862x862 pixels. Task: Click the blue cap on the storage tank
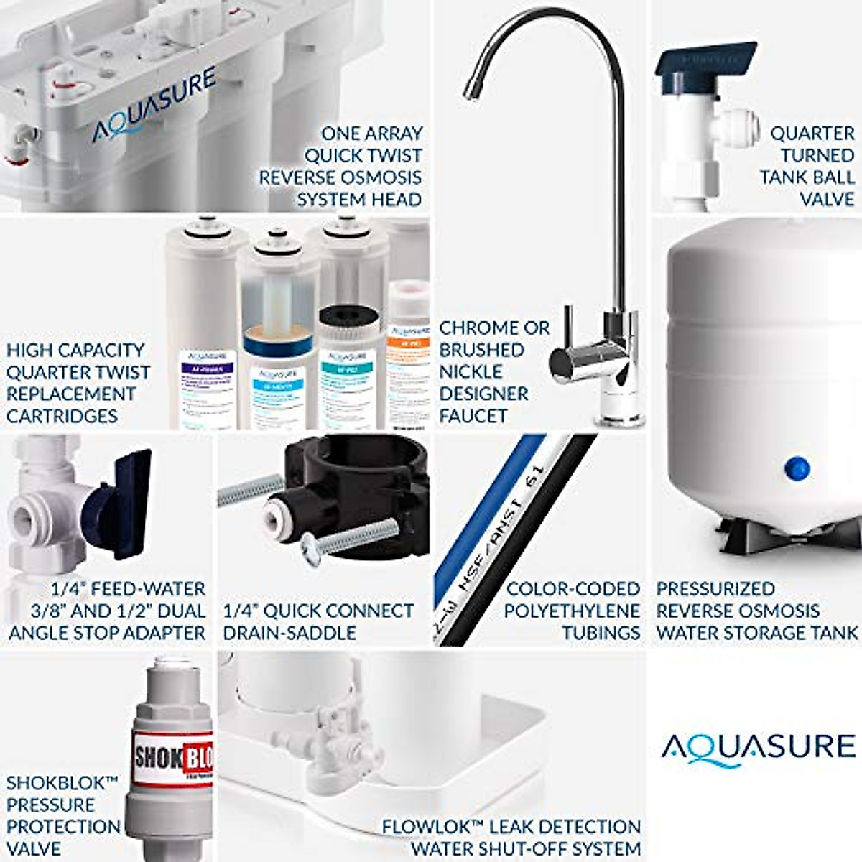[x=797, y=469]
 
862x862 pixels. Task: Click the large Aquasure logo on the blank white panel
[x=759, y=746]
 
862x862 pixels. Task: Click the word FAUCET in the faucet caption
[x=473, y=416]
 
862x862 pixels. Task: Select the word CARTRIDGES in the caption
[x=62, y=416]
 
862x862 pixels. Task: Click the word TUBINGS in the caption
[x=601, y=633]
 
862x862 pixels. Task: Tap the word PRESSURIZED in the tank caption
[x=715, y=589]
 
